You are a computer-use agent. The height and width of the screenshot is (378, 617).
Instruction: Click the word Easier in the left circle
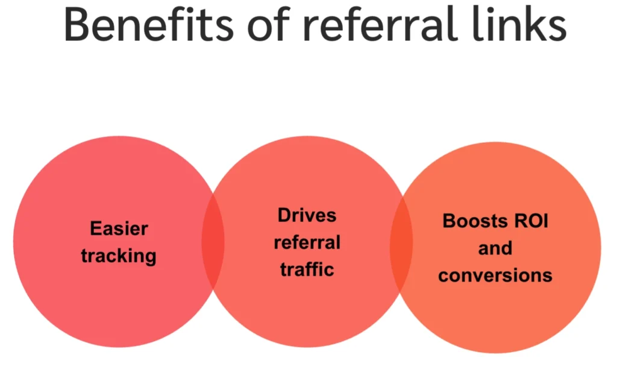coord(119,229)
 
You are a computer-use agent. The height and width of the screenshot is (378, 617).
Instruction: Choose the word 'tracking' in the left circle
coord(119,256)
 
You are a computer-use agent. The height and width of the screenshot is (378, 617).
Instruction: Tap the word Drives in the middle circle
coord(307,215)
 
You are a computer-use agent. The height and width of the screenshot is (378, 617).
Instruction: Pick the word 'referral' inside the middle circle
coord(307,242)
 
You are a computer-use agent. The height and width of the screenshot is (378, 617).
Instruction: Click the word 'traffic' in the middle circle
coord(307,269)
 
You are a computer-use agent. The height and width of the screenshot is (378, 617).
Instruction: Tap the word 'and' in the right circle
coord(495,248)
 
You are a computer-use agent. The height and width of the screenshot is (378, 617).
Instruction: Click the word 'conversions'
coord(495,276)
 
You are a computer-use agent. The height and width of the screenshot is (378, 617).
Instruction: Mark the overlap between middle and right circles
coord(401,245)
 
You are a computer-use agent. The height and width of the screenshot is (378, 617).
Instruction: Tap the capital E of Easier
coord(95,229)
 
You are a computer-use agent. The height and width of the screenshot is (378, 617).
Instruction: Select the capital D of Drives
coord(283,215)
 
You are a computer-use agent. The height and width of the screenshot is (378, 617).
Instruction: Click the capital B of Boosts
coord(448,221)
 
